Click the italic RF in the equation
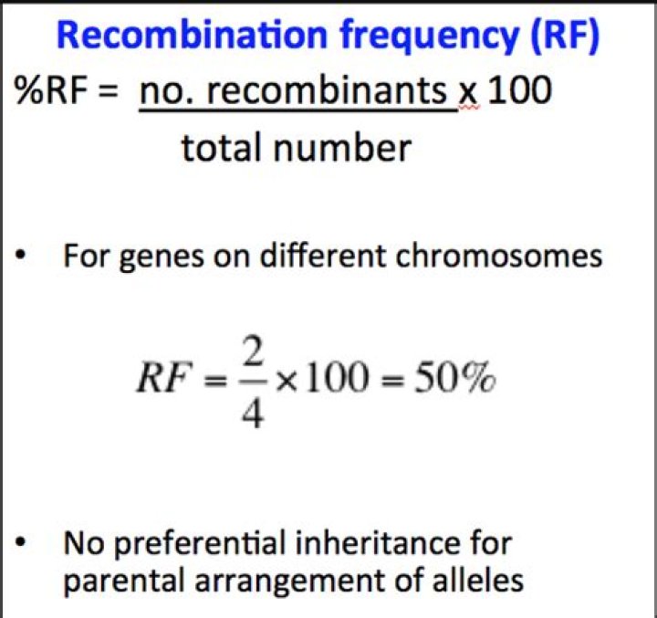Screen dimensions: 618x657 [x=162, y=380]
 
